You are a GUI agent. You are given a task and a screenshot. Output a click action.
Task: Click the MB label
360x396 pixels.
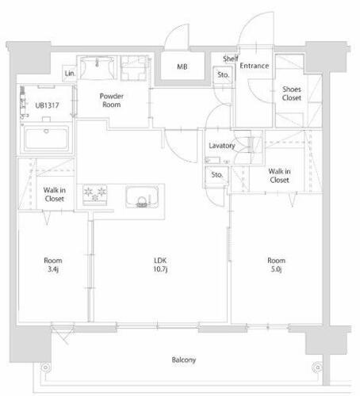coord(182,67)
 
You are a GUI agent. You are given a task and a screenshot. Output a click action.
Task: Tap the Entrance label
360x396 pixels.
coord(254,66)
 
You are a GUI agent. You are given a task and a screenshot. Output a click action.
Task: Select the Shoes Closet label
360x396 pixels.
coord(291,94)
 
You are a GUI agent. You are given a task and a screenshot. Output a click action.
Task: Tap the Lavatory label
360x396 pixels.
coord(221,146)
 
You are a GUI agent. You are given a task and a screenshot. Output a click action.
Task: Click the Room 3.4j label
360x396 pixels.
coord(53,265)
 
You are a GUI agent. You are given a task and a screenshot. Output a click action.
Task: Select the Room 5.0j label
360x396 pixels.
coord(277,265)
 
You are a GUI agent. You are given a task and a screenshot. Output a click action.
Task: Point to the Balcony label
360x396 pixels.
coord(183,360)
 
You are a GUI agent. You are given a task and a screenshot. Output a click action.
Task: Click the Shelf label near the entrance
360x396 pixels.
coord(230,59)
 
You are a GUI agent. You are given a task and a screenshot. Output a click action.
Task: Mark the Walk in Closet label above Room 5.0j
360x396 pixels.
coord(278,175)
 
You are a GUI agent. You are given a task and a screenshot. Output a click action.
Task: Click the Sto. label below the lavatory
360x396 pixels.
coord(216,176)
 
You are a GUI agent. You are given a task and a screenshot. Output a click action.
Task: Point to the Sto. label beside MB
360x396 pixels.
coord(224,75)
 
